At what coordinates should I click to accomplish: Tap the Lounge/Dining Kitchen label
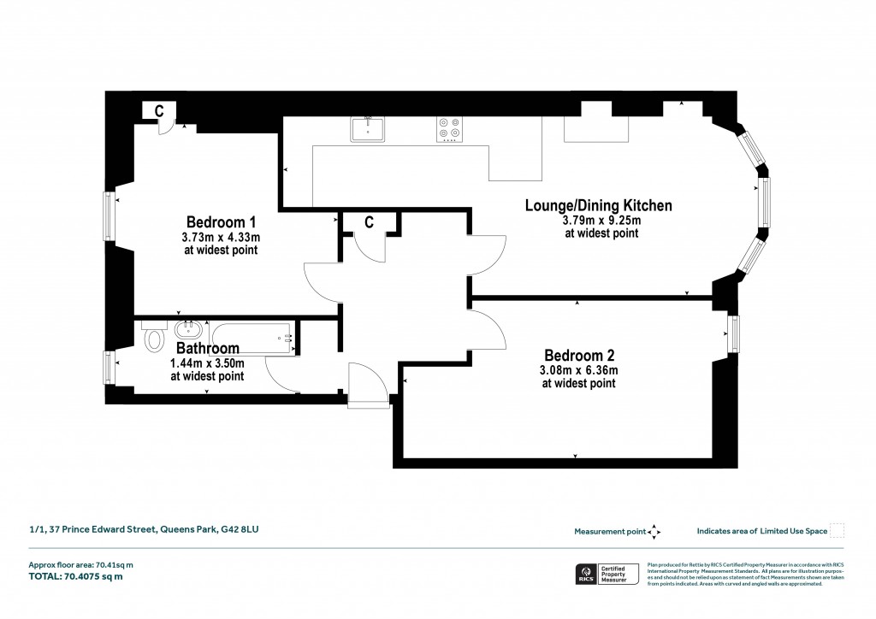[x=598, y=205]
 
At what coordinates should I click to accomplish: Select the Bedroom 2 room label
[x=580, y=355]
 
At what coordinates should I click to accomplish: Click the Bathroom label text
[x=207, y=349]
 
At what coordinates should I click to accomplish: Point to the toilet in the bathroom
[x=155, y=338]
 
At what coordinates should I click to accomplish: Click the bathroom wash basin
[x=189, y=330]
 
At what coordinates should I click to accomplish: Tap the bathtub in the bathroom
[x=252, y=339]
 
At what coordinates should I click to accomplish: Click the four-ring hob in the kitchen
[x=449, y=128]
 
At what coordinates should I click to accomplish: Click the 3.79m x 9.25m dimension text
[x=601, y=221]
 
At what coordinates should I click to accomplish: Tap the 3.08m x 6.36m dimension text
[x=578, y=370]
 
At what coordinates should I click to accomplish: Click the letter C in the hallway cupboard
[x=369, y=223]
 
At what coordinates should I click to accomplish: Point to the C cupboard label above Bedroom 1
[x=158, y=110]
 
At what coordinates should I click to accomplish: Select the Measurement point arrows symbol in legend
[x=654, y=531]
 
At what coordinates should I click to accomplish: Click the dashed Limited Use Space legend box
[x=838, y=530]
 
